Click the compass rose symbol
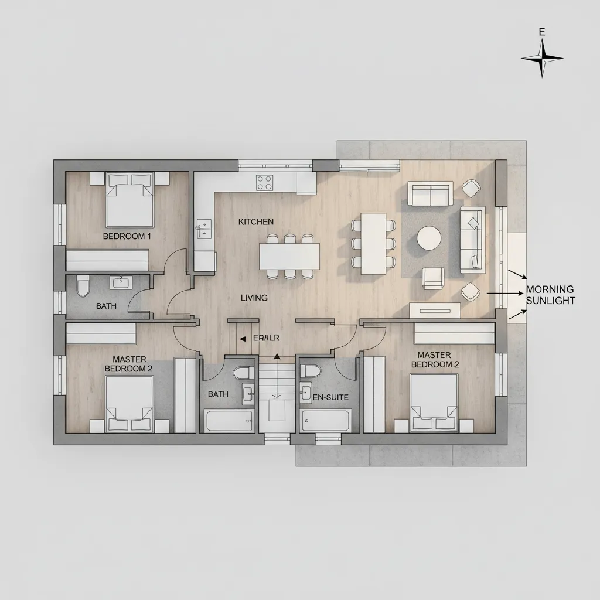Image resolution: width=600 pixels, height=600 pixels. point(542,59)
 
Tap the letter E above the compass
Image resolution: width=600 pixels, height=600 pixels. point(542,33)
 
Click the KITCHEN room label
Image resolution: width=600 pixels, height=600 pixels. point(256,222)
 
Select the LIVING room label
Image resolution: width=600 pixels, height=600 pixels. point(254,298)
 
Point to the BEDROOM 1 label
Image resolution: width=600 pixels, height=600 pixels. point(127,236)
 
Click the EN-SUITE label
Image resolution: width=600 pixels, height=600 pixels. point(330,397)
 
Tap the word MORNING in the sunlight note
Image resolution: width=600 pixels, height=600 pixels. point(550,289)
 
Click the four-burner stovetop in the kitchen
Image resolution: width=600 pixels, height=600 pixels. point(265,182)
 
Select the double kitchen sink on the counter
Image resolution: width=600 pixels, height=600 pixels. point(204,229)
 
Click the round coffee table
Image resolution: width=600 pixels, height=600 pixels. point(429,238)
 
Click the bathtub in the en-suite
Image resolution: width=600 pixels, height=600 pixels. point(326,420)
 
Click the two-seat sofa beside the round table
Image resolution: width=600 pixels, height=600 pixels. point(431,194)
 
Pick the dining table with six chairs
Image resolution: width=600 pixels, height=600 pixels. point(373,243)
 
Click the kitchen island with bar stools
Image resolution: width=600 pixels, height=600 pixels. point(289,256)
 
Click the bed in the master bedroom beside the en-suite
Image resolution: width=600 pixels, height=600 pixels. point(434,403)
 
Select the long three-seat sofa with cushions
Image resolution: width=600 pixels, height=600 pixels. point(472,240)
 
